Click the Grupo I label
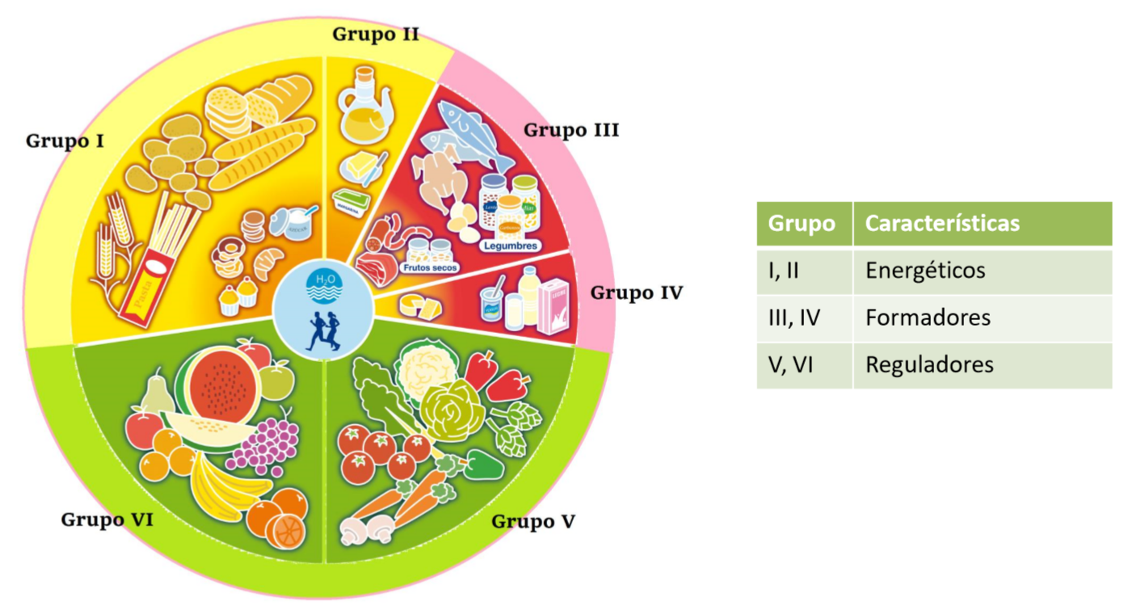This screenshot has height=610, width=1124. click(x=65, y=141)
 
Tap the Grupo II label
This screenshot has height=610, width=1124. click(x=376, y=34)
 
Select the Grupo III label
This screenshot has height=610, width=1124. click(x=571, y=129)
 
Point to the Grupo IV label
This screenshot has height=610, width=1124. click(x=636, y=292)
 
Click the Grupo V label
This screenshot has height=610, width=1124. click(x=533, y=521)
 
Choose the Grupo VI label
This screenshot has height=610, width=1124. click(x=107, y=520)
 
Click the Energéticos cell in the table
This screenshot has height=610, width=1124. click(x=925, y=271)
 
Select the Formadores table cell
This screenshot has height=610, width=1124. click(x=928, y=318)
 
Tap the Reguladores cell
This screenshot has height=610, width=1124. click(x=929, y=364)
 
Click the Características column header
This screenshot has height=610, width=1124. click(x=942, y=223)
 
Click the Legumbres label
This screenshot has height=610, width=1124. click(x=510, y=245)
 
